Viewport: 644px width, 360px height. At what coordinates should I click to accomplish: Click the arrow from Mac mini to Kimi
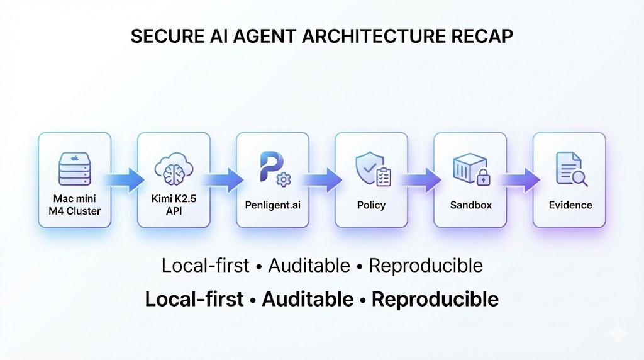click(124, 179)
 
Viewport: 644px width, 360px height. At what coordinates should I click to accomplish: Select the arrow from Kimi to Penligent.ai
click(223, 179)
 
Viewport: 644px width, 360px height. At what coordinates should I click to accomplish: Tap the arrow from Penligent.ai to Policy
click(322, 179)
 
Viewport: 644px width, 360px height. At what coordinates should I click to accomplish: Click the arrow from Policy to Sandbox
click(421, 179)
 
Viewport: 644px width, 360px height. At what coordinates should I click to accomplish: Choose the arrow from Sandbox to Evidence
click(520, 179)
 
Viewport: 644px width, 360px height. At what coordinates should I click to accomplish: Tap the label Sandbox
click(470, 205)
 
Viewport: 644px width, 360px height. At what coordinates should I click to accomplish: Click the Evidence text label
click(570, 205)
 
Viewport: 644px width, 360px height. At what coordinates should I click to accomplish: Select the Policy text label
click(372, 205)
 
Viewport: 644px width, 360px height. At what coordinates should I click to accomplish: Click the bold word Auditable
click(308, 299)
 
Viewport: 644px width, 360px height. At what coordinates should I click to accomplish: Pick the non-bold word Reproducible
click(426, 266)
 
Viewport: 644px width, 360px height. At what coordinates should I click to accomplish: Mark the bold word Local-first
click(194, 299)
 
